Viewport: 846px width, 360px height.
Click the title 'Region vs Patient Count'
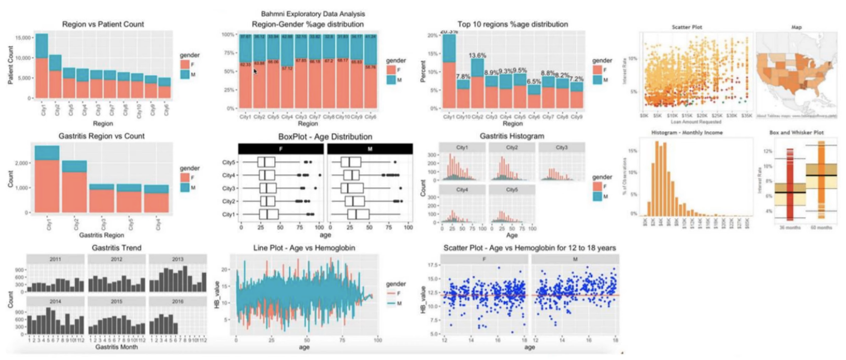coord(103,24)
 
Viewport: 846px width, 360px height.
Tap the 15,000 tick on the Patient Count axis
coord(23,38)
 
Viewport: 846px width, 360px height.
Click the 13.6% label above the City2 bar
coord(477,55)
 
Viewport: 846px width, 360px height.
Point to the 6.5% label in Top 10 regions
coord(534,82)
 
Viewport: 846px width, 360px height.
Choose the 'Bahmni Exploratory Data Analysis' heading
coord(313,14)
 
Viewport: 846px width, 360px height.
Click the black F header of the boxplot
coord(281,149)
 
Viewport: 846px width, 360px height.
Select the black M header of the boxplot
coord(370,149)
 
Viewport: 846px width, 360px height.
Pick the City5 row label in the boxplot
coord(229,163)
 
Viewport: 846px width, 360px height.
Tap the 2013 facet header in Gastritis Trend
coord(177,259)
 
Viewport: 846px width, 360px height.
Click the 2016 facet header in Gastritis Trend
coord(177,301)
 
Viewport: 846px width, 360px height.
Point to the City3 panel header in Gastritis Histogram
coord(562,148)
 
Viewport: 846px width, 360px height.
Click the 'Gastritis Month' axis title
coord(116,347)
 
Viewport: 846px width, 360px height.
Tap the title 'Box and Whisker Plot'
coord(796,132)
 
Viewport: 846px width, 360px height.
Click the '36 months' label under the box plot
coord(790,228)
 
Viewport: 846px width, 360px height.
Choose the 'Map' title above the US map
coord(796,27)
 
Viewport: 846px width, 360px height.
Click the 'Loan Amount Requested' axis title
coord(696,122)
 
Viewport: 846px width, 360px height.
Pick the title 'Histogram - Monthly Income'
coord(687,132)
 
